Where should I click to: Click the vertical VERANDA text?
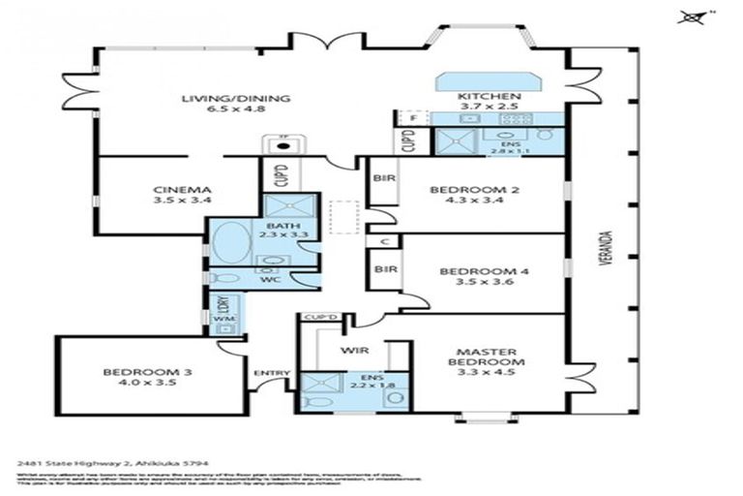(x=605, y=275)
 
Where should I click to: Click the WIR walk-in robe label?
(x=350, y=350)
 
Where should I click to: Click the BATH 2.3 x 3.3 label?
(x=270, y=229)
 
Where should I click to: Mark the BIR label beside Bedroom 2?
(x=382, y=178)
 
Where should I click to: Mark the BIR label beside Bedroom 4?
(x=384, y=268)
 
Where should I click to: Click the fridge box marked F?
(x=413, y=119)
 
